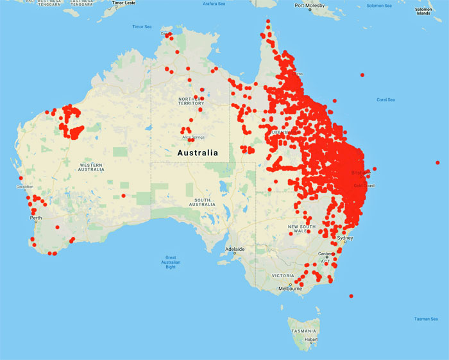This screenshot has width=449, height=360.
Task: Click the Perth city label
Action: [x=36, y=218]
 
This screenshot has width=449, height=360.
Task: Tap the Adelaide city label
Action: [x=234, y=249]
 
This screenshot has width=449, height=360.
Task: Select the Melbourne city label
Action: [x=290, y=289]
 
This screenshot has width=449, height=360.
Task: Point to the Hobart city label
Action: [x=310, y=339]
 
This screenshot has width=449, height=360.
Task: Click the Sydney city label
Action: [x=345, y=238]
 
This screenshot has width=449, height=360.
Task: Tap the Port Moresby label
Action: [x=309, y=6]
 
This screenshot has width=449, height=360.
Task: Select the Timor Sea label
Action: [x=142, y=27]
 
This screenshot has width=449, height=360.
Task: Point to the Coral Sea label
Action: [x=385, y=99]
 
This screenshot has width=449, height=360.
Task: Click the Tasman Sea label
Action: [x=426, y=318]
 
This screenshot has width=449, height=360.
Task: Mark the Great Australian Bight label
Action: [x=170, y=262]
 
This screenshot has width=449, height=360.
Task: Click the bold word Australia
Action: [x=196, y=153]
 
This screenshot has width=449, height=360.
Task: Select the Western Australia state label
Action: [x=90, y=167]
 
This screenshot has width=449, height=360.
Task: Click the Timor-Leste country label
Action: [x=125, y=3]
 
